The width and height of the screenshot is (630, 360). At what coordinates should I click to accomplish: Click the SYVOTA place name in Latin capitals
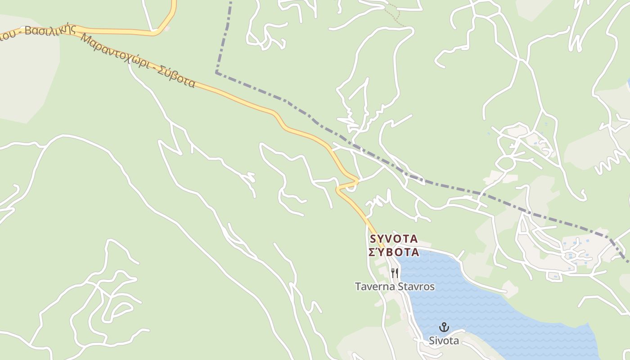(394, 238)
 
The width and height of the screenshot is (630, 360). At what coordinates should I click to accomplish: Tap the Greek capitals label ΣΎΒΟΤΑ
(394, 252)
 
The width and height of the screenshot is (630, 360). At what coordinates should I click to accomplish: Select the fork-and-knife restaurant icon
(394, 273)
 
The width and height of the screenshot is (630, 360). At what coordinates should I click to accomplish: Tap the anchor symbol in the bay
(444, 327)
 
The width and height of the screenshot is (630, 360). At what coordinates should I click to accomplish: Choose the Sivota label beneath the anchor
(444, 341)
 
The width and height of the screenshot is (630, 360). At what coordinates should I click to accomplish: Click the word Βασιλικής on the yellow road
(47, 31)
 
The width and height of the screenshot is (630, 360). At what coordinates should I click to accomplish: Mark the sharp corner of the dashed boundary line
(216, 72)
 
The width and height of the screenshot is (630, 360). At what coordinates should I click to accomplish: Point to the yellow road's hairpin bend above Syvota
(356, 181)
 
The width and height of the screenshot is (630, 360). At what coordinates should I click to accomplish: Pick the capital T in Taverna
(358, 287)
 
